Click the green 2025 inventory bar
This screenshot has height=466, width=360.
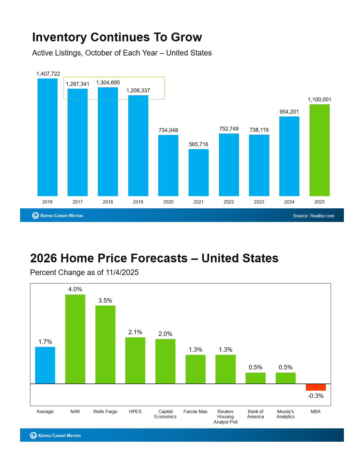[x=319, y=150]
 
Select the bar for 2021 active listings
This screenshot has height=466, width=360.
[x=198, y=172]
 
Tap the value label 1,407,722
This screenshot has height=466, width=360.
[x=48, y=74]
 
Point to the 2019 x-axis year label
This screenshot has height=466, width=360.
[x=138, y=202]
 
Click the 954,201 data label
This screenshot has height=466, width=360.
[x=289, y=112]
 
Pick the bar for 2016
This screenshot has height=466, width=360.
[x=47, y=137]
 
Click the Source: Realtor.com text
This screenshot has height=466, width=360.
[x=313, y=216]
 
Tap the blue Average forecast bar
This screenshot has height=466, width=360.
[x=45, y=365]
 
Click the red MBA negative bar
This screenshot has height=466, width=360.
[x=316, y=387]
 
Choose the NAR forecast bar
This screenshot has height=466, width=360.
[x=75, y=339]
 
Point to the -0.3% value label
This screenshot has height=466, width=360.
[x=316, y=396]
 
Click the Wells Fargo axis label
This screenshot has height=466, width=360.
[x=105, y=411]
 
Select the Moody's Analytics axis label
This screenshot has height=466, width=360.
[x=285, y=414]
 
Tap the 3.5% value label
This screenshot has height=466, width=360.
[x=105, y=300]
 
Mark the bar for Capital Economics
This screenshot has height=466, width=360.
[x=165, y=361]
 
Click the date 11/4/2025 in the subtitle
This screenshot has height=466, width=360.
[x=122, y=272]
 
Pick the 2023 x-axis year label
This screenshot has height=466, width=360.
[x=259, y=202]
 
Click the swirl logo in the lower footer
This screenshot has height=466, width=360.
[x=33, y=435]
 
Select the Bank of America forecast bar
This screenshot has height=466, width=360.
[x=256, y=378]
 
